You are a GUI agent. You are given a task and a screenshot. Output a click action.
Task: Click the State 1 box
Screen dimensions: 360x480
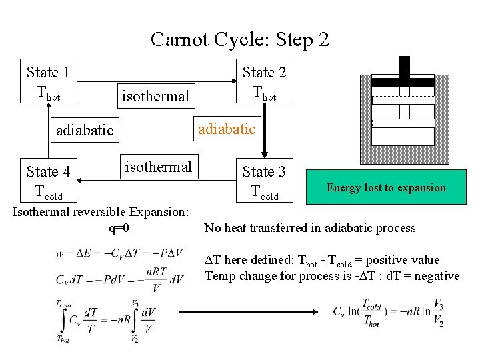pyautogui.click(x=48, y=83)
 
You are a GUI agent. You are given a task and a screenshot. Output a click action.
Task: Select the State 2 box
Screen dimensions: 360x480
pyautogui.click(x=264, y=83)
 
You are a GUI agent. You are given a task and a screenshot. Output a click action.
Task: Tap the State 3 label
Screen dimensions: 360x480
pyautogui.click(x=264, y=181)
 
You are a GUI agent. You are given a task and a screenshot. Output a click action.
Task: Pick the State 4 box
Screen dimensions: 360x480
pyautogui.click(x=48, y=181)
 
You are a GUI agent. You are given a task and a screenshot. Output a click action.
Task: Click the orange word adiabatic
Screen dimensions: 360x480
pyautogui.click(x=227, y=129)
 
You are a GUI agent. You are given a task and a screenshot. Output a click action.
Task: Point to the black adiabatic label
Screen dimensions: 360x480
pyautogui.click(x=85, y=130)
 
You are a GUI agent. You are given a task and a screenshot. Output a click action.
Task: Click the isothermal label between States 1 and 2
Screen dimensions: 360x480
pyautogui.click(x=155, y=96)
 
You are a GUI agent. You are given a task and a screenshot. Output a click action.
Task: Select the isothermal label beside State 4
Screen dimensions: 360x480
pyautogui.click(x=159, y=167)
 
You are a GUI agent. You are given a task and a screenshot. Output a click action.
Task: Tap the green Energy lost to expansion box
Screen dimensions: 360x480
pyautogui.click(x=386, y=187)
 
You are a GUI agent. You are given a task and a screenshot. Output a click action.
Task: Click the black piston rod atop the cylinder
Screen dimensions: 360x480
pyautogui.click(x=403, y=67)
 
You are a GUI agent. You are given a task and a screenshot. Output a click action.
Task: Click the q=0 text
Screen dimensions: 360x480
pyautogui.click(x=119, y=229)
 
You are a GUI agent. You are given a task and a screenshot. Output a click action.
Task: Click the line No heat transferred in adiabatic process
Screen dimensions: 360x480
pyautogui.click(x=310, y=228)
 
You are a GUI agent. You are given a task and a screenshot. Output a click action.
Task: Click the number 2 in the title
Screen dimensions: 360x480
pyautogui.click(x=323, y=39)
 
